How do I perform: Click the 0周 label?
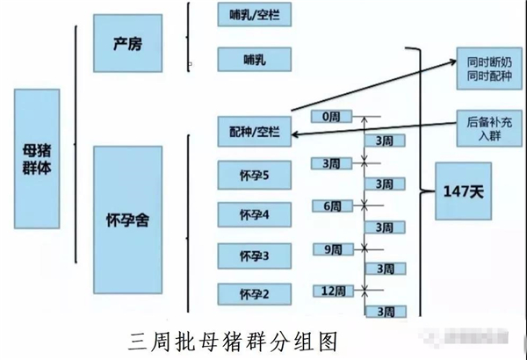tap(331, 116)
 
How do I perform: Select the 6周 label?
tap(331, 205)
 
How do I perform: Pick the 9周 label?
tap(331, 249)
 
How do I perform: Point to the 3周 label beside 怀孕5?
tap(331, 162)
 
